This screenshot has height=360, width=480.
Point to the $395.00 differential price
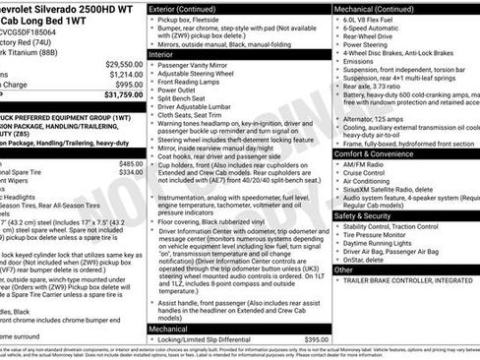pyautogui.click(x=316, y=338)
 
